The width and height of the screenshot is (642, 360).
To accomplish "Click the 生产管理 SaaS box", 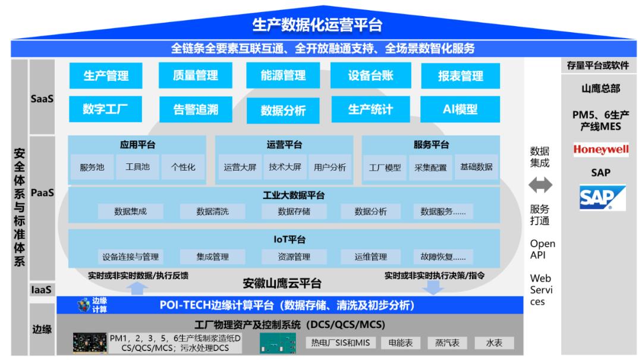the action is pyautogui.click(x=106, y=75).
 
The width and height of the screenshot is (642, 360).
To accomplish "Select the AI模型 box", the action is pyautogui.click(x=460, y=109).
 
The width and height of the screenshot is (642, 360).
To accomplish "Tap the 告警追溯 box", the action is pyautogui.click(x=196, y=110).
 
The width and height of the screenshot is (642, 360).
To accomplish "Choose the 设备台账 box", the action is pyautogui.click(x=370, y=75).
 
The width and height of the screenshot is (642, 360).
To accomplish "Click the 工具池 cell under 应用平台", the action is pyautogui.click(x=137, y=167).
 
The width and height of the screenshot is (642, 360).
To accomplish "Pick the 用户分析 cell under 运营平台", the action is pyautogui.click(x=330, y=168).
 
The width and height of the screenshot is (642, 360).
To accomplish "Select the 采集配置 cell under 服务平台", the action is pyautogui.click(x=430, y=168).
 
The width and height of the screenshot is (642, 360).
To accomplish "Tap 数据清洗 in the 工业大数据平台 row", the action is pyautogui.click(x=212, y=211).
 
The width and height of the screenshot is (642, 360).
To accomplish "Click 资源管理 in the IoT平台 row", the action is pyautogui.click(x=294, y=257).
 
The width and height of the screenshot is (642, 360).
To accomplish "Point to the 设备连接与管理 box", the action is pyautogui.click(x=131, y=257).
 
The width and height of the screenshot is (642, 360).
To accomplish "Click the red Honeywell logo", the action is pyautogui.click(x=600, y=149).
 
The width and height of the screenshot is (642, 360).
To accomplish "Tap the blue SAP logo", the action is pyautogui.click(x=602, y=198).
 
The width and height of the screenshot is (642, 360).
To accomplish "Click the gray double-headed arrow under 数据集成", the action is pyautogui.click(x=540, y=185).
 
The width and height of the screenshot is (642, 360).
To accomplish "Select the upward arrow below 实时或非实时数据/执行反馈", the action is pyautogui.click(x=137, y=288).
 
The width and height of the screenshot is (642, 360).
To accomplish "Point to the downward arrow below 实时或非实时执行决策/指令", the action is pyautogui.click(x=433, y=288).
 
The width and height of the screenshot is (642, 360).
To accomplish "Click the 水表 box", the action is pyautogui.click(x=494, y=343).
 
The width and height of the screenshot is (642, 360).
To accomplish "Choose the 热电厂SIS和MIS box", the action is pyautogui.click(x=340, y=343).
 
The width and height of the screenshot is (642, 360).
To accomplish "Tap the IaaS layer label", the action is pyautogui.click(x=42, y=290).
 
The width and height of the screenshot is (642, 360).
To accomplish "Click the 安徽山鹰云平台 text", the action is pyautogui.click(x=282, y=283).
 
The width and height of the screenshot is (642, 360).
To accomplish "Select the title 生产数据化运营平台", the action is pyautogui.click(x=317, y=25).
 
